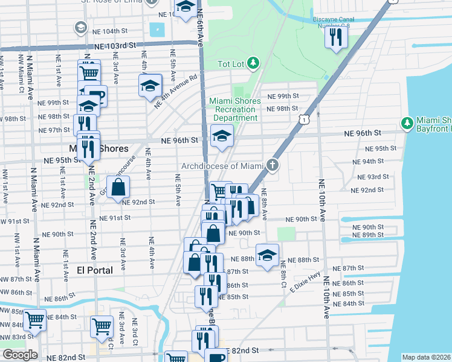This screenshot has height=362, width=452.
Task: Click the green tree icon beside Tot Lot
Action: (x=253, y=63)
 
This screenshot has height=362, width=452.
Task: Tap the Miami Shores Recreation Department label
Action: (x=235, y=109)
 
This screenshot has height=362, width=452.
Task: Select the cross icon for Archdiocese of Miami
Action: (x=273, y=165)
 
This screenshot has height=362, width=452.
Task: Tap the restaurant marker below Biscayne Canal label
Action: (x=334, y=38)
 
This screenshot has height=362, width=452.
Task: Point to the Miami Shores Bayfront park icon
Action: (x=407, y=124)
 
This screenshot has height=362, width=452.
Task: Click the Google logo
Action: (x=19, y=355)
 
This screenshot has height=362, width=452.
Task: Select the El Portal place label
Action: (x=95, y=270)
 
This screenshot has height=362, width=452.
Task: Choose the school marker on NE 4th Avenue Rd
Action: (x=150, y=86)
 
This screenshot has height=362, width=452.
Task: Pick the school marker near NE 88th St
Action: (x=267, y=255)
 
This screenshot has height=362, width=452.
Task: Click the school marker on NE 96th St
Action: (x=222, y=136)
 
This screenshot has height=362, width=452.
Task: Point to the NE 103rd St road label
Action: (x=115, y=46)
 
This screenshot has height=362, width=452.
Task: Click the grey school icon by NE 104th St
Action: (x=80, y=28)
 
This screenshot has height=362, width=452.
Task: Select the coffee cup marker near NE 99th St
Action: (x=95, y=95)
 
